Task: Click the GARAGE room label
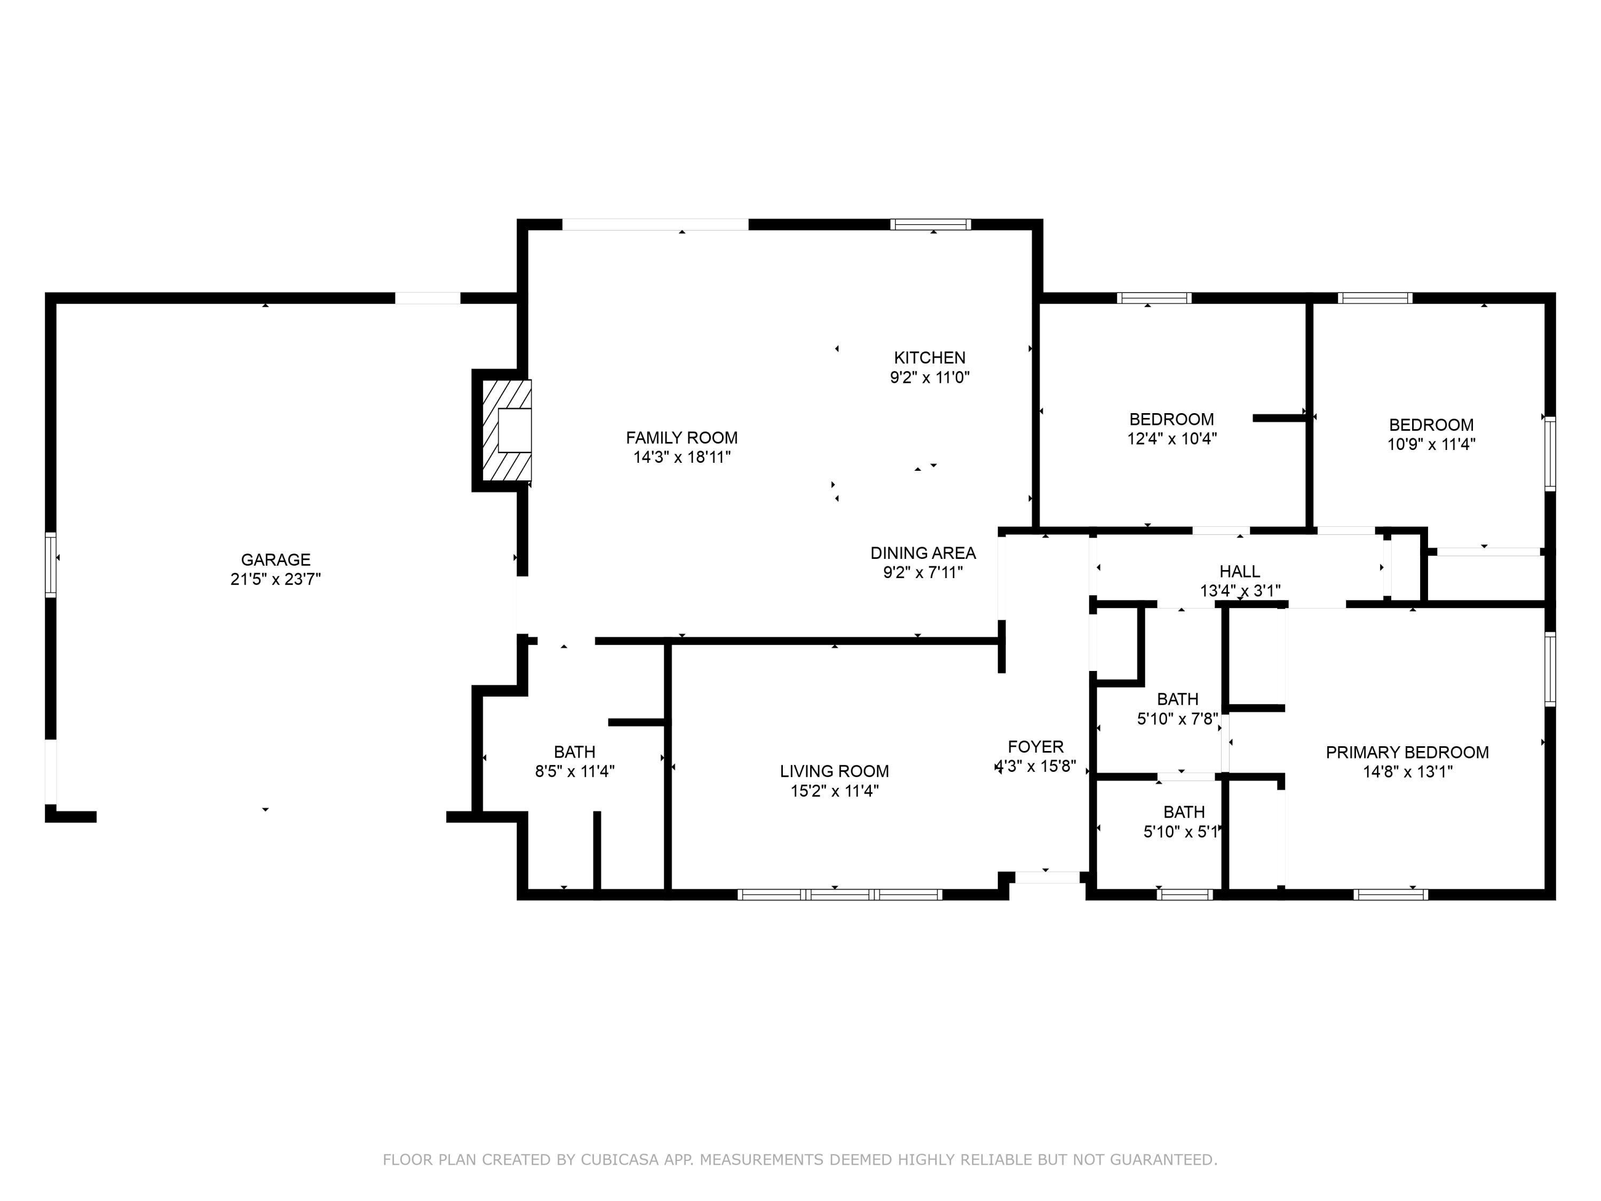[x=276, y=559]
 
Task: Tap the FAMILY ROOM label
[x=682, y=438]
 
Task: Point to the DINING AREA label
[x=923, y=553]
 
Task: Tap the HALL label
[x=1240, y=571]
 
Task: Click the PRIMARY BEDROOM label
[x=1407, y=752]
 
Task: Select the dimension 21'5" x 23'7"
[x=276, y=579]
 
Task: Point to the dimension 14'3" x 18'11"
[x=682, y=457]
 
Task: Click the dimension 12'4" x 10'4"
[x=1172, y=439]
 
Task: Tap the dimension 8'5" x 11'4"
[x=575, y=772]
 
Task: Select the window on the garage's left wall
[x=51, y=565]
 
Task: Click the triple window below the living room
[x=839, y=895]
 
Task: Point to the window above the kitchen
[x=931, y=224]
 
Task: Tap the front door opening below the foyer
[x=1047, y=878]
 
